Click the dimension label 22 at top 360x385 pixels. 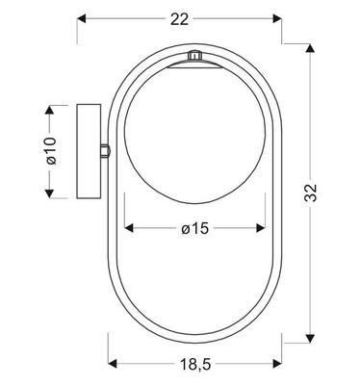click(x=179, y=17)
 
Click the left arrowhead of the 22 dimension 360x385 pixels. click(x=82, y=18)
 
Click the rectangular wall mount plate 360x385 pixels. click(x=89, y=149)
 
